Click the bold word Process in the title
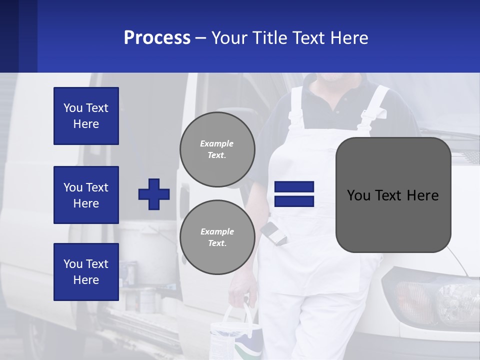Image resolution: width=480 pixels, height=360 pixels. (157, 38)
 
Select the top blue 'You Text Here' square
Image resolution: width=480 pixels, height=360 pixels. (86, 116)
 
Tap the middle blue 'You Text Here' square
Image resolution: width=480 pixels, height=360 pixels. (86, 195)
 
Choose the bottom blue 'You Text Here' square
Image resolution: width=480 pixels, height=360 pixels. (86, 271)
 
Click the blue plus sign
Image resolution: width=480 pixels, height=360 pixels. (154, 194)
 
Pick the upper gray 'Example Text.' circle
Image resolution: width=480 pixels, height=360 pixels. (217, 149)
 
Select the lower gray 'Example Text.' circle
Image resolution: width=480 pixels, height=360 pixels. (217, 237)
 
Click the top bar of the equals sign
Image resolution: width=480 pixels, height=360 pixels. (294, 186)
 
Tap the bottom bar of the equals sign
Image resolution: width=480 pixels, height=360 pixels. (294, 201)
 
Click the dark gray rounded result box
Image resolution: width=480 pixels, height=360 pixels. (393, 195)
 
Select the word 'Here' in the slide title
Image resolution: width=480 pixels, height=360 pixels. (348, 38)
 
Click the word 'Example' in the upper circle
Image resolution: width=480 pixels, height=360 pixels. (216, 143)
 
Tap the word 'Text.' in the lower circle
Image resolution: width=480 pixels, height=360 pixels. (217, 243)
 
